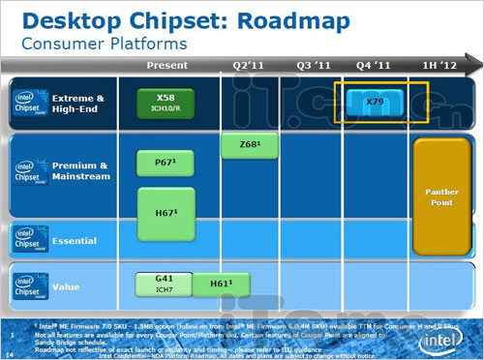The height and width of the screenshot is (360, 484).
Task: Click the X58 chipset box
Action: tap(167, 104)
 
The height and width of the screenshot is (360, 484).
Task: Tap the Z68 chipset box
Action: tap(245, 146)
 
